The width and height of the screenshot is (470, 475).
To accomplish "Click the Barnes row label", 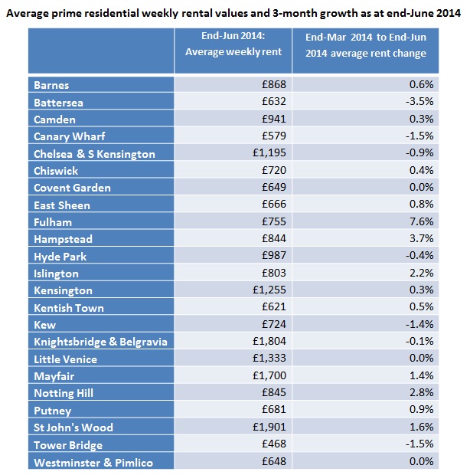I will [51, 84].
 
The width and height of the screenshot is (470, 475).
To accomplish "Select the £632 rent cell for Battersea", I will [273, 102].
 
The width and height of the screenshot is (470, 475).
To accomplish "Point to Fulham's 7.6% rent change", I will [422, 222].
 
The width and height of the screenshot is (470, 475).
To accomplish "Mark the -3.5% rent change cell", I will [420, 102].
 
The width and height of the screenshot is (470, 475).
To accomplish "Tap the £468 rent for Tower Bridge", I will [273, 444].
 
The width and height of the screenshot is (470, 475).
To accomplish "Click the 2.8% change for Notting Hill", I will [422, 393].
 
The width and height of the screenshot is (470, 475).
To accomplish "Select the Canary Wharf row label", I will [69, 136].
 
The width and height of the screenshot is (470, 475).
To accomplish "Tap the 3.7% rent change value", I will [422, 239].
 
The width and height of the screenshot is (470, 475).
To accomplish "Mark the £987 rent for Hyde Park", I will [273, 256].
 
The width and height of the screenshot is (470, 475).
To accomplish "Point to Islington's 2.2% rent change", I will [422, 274].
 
